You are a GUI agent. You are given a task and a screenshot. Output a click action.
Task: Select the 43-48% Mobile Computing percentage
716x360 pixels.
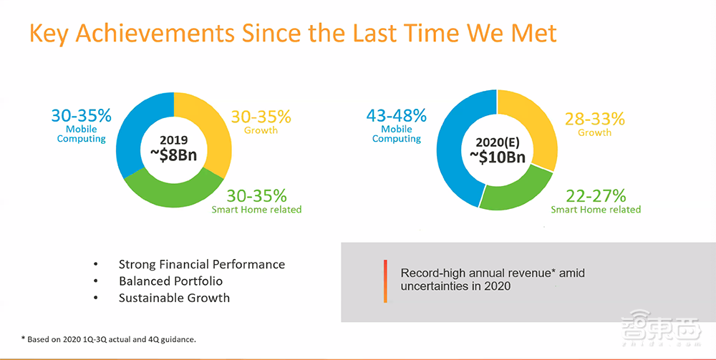point(396,115)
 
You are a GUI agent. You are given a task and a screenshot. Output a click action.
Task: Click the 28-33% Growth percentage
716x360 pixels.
point(594,119)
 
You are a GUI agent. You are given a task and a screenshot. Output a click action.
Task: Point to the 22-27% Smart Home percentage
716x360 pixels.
point(595,195)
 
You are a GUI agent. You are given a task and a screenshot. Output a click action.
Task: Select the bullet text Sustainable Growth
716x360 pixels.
point(174,297)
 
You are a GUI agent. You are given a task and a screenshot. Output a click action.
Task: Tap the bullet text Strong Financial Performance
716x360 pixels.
point(201,264)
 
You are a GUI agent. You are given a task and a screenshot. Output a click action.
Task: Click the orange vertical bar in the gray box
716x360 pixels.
point(385,281)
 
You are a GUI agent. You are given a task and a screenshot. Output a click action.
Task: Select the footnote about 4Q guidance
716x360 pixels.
point(108,339)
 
